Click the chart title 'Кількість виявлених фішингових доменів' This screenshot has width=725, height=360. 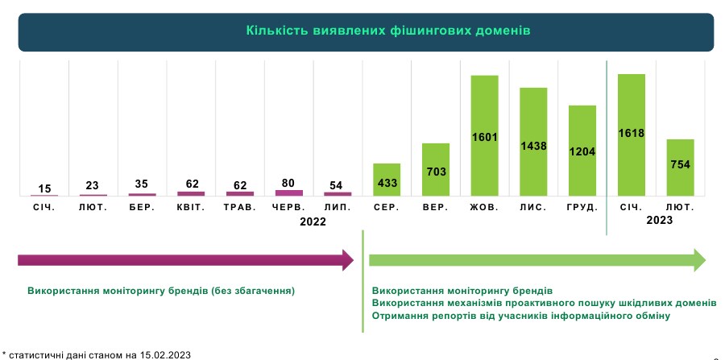366,32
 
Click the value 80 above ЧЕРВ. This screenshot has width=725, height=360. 288,182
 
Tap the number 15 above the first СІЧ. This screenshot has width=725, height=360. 43,188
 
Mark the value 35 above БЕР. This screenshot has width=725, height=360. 142,184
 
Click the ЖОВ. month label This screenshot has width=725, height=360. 484,208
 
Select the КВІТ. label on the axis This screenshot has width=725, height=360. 190,208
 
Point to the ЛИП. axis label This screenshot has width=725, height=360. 338,208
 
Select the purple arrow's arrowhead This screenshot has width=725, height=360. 347,260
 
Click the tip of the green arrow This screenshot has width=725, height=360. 702,260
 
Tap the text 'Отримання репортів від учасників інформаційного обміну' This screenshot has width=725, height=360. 520,316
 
